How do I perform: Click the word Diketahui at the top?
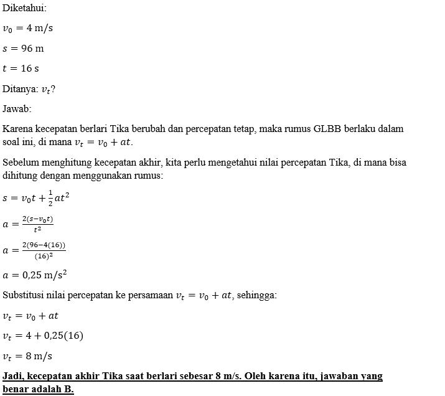click(24, 8)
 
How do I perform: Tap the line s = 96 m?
click(24, 48)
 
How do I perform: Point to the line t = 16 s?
click(21, 68)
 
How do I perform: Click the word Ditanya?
click(20, 89)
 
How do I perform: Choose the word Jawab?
click(17, 109)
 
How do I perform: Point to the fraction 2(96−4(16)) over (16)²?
click(44, 250)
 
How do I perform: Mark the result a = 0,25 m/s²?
click(35, 275)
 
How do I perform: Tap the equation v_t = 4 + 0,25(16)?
click(43, 336)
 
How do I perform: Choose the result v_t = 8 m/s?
click(27, 356)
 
